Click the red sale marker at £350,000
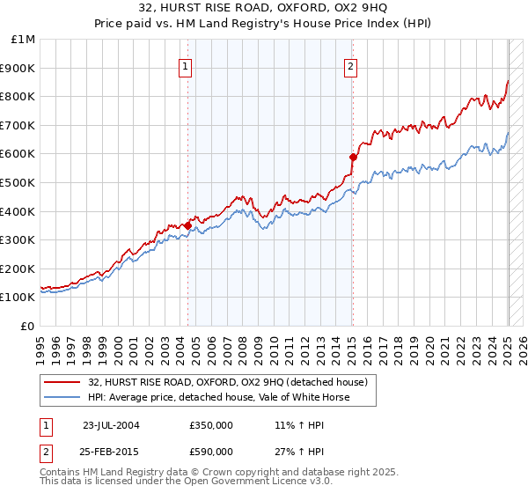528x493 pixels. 187,225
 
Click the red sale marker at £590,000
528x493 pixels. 353,157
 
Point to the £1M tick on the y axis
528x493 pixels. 24,40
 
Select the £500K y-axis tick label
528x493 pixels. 19,183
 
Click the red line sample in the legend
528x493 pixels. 62,382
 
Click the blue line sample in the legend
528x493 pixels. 62,397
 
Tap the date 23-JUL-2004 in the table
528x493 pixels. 110,424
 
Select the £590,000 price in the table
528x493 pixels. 211,452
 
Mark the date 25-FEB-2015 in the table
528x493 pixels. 110,452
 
